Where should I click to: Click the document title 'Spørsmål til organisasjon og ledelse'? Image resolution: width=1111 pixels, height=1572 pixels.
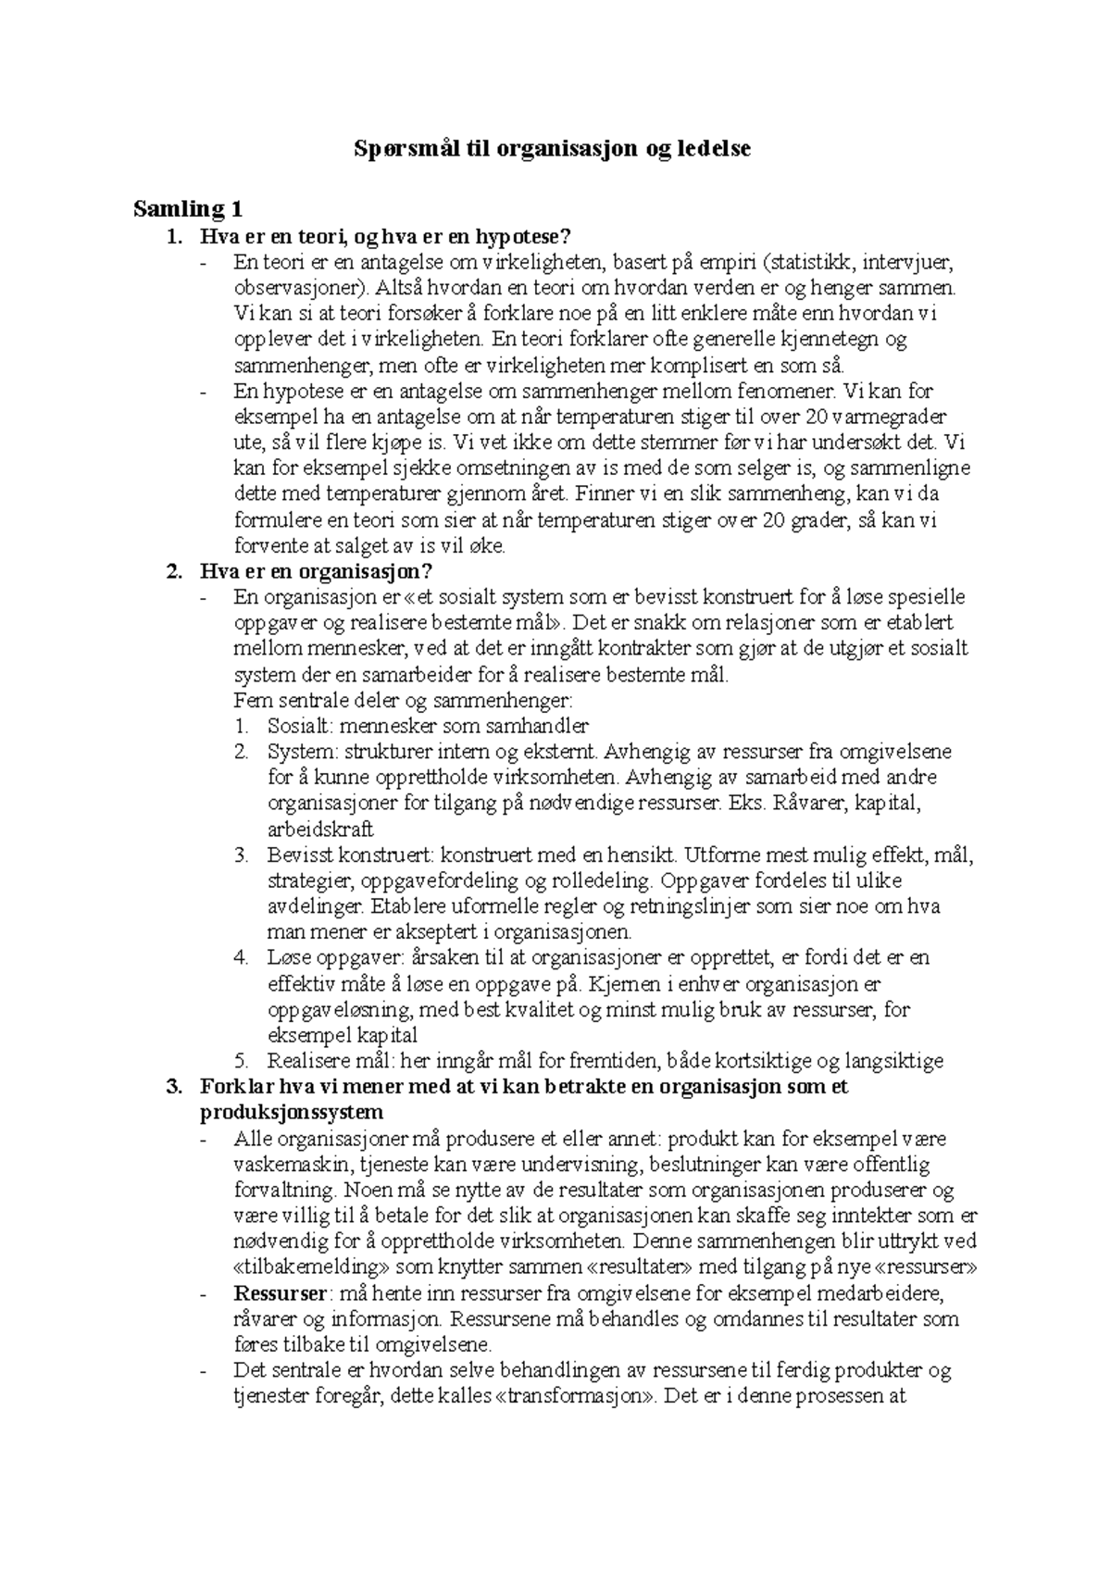coord(555,148)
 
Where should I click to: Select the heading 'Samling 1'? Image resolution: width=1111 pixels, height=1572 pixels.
coord(187,208)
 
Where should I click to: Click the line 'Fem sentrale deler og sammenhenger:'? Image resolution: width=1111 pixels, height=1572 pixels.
coord(404,700)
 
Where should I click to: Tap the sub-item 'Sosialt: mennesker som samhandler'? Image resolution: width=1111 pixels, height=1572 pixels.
coord(428,726)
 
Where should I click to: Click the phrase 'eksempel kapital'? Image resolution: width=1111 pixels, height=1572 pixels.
coord(342,1035)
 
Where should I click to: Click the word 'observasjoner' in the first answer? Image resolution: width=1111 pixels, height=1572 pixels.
coord(298,287)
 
